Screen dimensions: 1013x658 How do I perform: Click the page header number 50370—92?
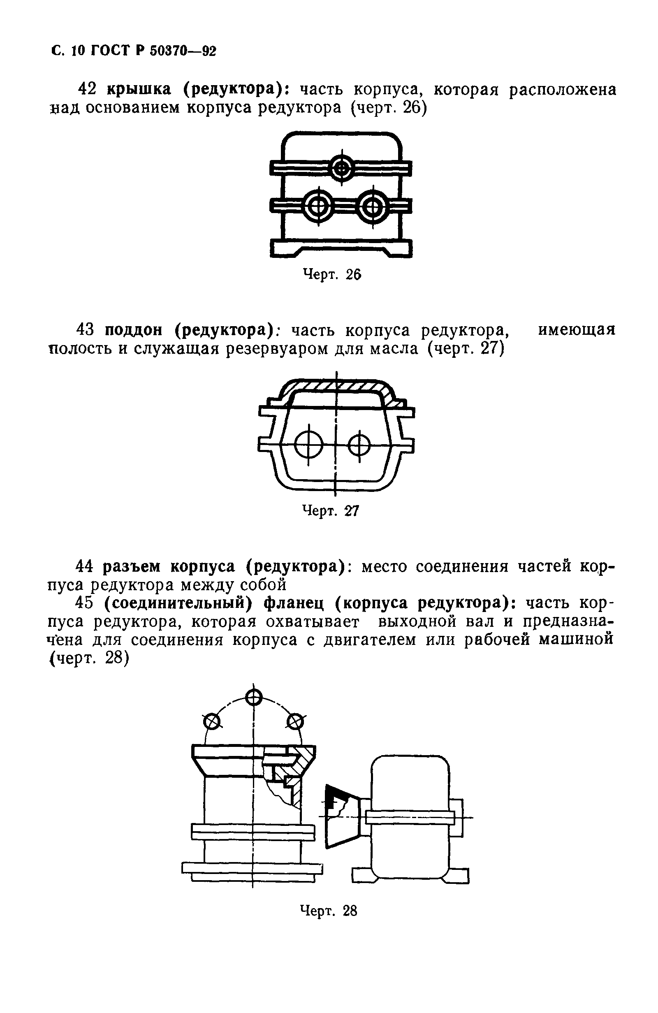[183, 51]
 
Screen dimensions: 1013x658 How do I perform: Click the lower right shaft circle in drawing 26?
[373, 207]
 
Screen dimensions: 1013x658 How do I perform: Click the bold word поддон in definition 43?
[133, 330]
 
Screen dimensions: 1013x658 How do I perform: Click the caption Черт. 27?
[330, 511]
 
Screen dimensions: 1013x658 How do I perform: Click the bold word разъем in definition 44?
[132, 566]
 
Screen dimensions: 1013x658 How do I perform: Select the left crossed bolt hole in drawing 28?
[212, 721]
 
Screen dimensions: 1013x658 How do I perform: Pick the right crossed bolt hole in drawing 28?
[295, 721]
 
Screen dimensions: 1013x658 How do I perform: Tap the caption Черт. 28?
[329, 911]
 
